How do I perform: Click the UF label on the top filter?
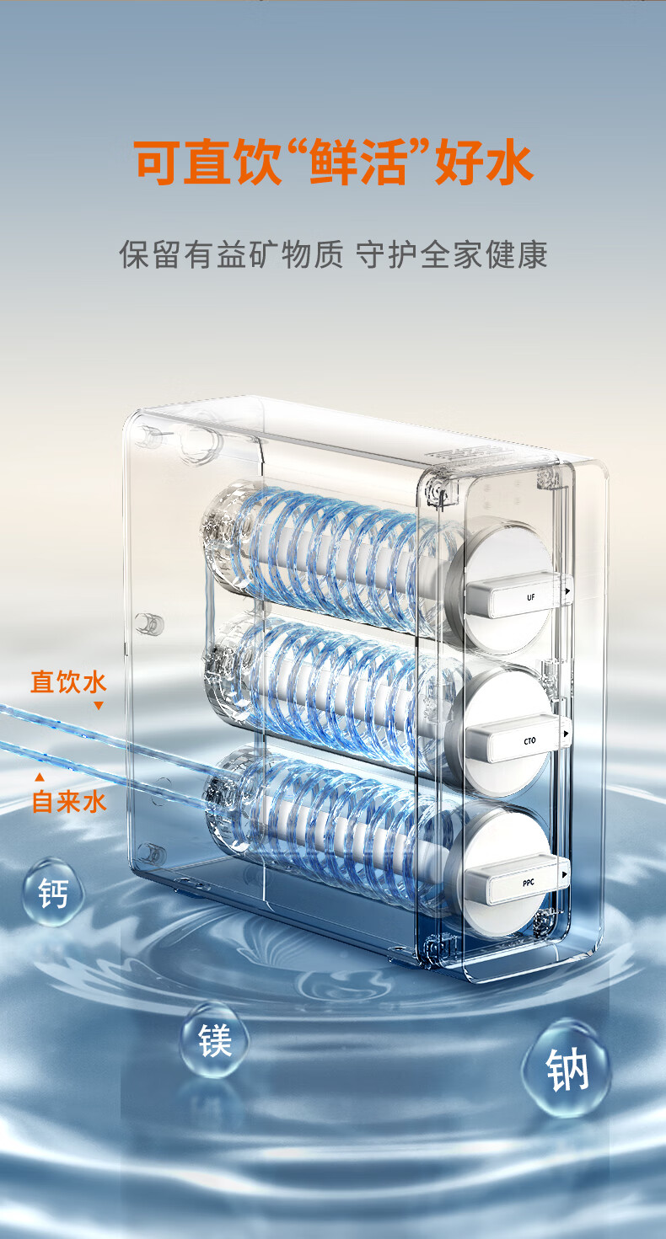(x=531, y=597)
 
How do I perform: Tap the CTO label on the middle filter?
(x=529, y=740)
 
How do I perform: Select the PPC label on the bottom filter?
(x=529, y=883)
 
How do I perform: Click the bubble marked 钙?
(x=53, y=893)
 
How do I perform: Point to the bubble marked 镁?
(x=214, y=1040)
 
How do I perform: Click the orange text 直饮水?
(x=68, y=681)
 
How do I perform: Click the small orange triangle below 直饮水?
(x=99, y=706)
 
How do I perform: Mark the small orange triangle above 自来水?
(x=40, y=777)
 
